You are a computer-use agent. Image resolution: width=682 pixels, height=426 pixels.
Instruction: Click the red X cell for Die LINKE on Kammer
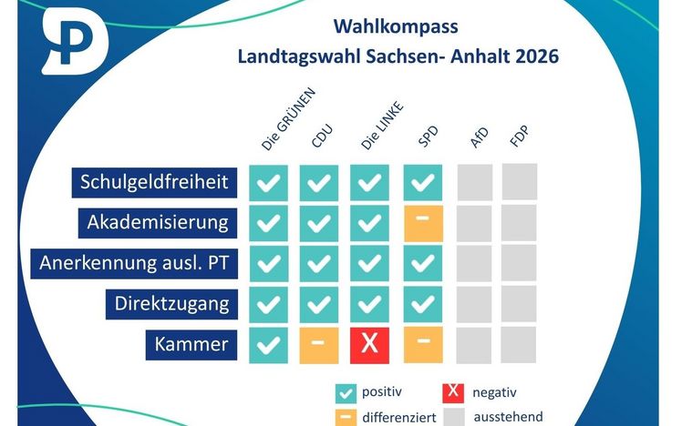point(369,345)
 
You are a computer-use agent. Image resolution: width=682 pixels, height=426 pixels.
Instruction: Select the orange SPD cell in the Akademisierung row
point(423,224)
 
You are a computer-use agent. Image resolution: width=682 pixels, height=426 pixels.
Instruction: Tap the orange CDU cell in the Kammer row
point(319,345)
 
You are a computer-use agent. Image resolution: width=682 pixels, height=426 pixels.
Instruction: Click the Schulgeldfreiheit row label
point(154,182)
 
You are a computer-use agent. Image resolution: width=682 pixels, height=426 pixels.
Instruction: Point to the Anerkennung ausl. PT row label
point(134,264)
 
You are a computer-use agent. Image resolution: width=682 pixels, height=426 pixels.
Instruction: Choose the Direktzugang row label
point(171,304)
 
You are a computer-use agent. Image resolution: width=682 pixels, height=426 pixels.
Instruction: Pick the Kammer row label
point(191,345)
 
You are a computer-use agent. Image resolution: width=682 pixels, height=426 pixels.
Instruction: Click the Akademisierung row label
point(158,223)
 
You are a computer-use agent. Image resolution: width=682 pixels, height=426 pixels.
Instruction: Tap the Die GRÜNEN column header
point(288,119)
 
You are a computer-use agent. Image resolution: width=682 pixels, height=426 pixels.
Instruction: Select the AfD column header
point(480,137)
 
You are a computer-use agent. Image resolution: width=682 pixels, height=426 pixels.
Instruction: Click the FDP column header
point(520,136)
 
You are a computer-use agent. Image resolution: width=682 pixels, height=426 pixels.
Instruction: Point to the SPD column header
point(428,137)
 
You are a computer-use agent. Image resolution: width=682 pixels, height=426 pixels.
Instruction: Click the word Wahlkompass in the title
point(396,26)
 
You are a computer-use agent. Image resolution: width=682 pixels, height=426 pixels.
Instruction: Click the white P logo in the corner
point(75,41)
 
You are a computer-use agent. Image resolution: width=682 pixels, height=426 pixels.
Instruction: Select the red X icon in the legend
point(453,393)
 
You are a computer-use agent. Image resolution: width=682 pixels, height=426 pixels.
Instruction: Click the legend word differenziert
point(399,418)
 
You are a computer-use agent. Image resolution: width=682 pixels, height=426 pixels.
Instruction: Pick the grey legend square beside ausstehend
point(454,417)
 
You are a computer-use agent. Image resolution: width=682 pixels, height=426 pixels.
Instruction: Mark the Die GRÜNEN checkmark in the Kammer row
point(268,345)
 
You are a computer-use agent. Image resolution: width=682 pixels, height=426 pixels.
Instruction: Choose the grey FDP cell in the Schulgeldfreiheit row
point(520,181)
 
